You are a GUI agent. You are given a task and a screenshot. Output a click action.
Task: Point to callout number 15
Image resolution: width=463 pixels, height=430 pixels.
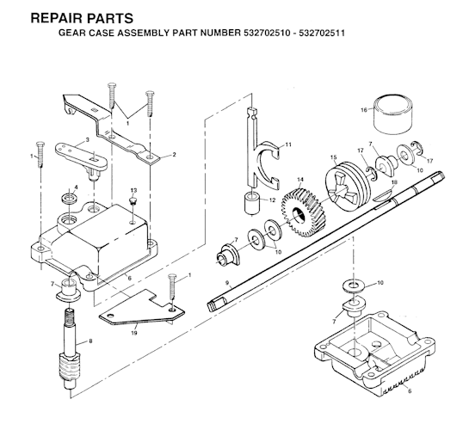(333, 157)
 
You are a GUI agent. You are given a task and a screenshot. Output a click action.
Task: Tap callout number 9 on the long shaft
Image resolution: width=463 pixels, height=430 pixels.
(227, 283)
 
